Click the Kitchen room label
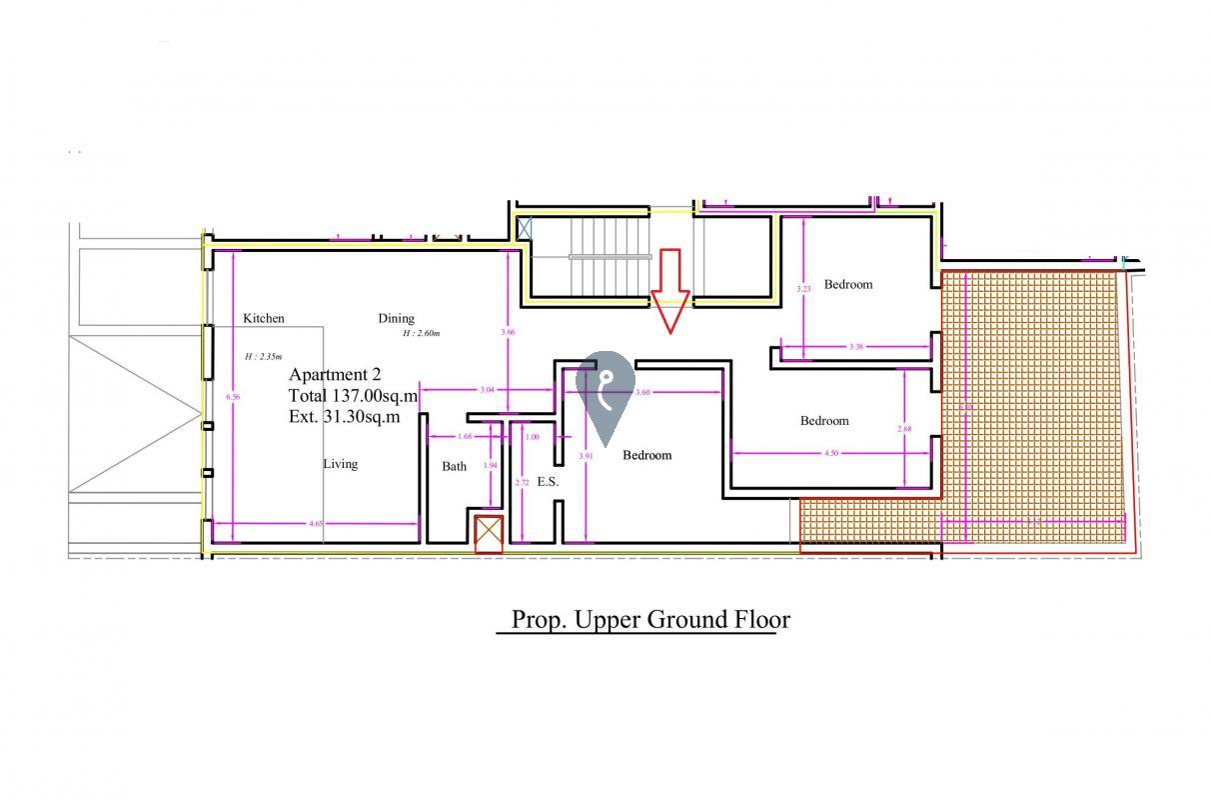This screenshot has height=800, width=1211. [x=264, y=318]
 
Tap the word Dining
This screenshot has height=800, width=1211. [x=396, y=318]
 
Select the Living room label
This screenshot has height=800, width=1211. [x=340, y=464]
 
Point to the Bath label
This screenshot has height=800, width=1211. [x=455, y=466]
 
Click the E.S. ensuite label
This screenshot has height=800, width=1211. [x=548, y=482]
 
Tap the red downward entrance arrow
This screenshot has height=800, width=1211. [x=669, y=290]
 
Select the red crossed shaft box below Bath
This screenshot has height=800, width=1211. [x=489, y=533]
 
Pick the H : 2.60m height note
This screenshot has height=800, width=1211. [x=422, y=334]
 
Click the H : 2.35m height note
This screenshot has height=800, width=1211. [x=264, y=357]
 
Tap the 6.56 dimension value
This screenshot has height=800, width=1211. [x=233, y=397]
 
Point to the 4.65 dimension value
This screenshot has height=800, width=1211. [x=316, y=523]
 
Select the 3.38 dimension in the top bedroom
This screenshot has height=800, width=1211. [x=856, y=347]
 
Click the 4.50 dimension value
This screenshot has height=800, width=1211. [x=831, y=453]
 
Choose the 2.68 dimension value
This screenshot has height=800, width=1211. [x=904, y=429]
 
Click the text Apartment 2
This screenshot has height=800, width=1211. [x=335, y=375]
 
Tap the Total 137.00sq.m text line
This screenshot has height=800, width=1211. [x=353, y=396]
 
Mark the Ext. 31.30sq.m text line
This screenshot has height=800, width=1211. [x=345, y=417]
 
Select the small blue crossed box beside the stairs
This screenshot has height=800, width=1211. [x=525, y=228]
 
